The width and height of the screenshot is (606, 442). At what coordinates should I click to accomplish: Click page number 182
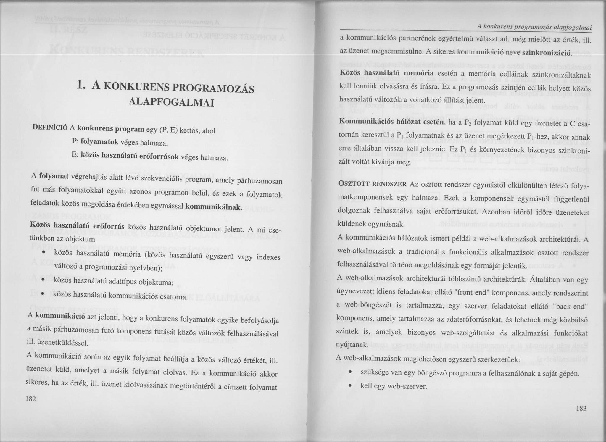tap(31, 399)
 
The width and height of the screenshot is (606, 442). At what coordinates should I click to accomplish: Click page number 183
tap(581, 409)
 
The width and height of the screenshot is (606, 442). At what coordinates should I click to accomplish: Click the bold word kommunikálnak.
tap(213, 207)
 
